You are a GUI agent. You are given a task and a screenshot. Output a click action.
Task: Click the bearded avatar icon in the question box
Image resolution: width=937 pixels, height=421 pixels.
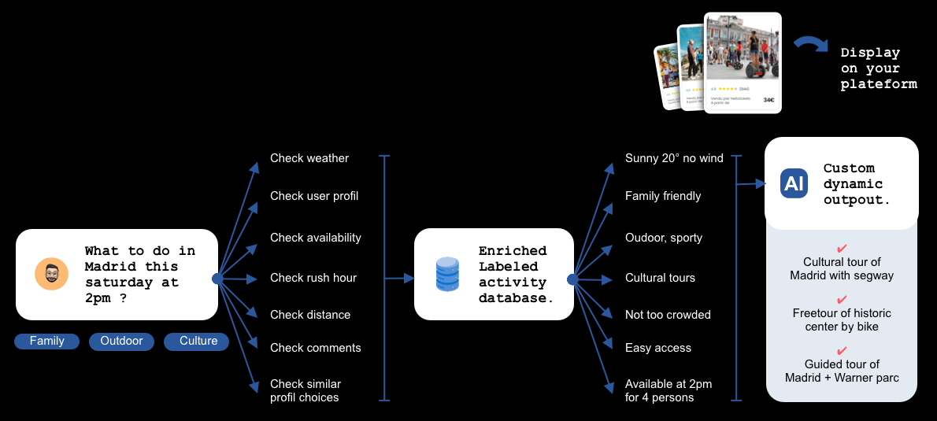(51, 274)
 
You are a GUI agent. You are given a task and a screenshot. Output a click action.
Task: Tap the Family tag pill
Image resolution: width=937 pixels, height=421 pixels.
(46, 342)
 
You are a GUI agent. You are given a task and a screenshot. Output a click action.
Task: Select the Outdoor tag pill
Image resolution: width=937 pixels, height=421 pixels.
(121, 342)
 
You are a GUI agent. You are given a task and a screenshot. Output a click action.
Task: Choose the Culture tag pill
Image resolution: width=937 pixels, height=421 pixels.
(197, 342)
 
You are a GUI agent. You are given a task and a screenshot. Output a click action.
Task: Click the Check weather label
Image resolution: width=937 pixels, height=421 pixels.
(309, 158)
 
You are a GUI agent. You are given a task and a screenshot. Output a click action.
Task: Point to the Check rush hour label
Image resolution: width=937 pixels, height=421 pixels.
(313, 278)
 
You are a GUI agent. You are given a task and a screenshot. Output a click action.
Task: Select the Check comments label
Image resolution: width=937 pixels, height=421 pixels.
(315, 348)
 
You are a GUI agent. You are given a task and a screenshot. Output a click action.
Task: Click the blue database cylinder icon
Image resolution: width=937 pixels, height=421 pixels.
(446, 274)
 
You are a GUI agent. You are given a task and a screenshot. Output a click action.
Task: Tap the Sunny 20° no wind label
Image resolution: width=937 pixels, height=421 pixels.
(674, 158)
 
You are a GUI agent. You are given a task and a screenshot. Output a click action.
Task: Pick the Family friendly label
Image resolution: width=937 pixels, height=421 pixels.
(663, 196)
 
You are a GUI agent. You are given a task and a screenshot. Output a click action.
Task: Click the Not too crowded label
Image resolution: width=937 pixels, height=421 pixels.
(668, 315)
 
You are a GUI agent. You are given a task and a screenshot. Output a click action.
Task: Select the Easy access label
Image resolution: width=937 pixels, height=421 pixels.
(658, 348)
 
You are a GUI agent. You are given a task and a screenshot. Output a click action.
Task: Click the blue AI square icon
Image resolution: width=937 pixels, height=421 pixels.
(794, 183)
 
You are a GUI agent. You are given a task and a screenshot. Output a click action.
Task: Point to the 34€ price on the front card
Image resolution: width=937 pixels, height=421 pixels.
(768, 100)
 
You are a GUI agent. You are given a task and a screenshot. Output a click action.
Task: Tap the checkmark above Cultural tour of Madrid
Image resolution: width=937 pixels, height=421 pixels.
(842, 248)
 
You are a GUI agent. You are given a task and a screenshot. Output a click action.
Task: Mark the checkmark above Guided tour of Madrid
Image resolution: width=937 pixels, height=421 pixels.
(842, 350)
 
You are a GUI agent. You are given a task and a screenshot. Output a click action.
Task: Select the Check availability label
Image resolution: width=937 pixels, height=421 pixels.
(316, 238)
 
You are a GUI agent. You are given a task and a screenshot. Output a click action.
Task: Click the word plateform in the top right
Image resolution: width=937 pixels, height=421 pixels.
(878, 84)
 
